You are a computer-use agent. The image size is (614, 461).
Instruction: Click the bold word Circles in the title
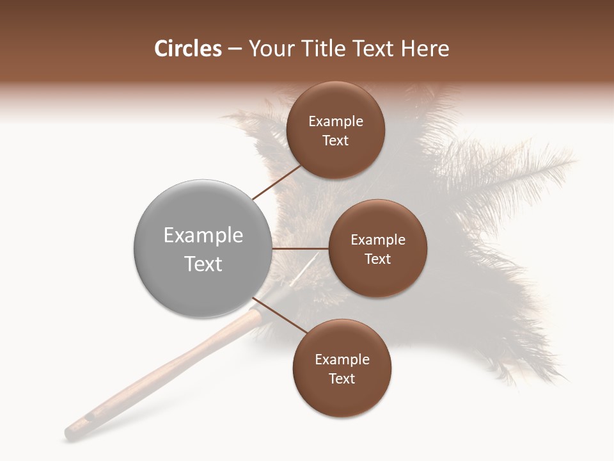(188, 49)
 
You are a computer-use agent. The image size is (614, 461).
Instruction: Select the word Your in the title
(270, 49)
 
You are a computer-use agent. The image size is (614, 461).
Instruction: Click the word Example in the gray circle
(203, 236)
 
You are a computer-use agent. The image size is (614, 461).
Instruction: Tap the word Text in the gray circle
(203, 264)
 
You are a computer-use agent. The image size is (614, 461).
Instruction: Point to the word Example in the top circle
(336, 122)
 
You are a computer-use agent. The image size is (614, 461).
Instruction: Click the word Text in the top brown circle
(336, 140)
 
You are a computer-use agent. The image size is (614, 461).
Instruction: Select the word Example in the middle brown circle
(378, 240)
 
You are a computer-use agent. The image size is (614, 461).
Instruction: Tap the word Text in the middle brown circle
(378, 259)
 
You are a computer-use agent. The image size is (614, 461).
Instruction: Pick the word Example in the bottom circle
(342, 360)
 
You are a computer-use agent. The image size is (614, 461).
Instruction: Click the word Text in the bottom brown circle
(342, 378)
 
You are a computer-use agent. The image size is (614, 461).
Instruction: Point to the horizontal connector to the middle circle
(300, 248)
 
